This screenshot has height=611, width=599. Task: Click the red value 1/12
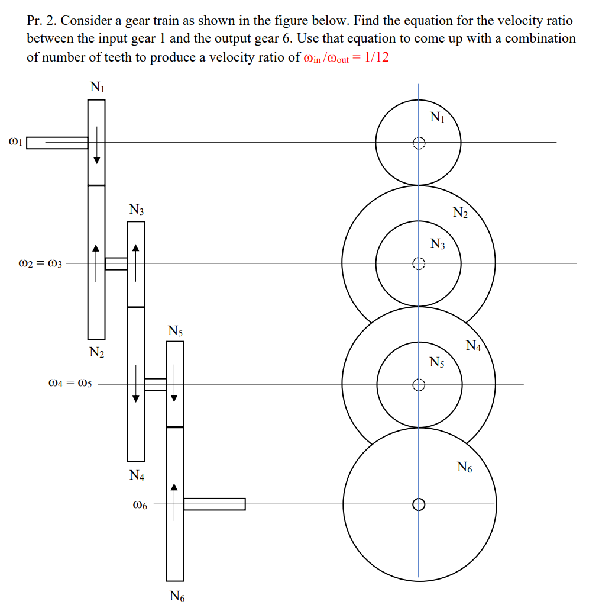coord(377,57)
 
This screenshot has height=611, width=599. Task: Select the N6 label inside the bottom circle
coord(465,468)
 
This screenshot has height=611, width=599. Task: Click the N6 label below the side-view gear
coord(177,596)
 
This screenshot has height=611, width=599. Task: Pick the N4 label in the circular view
coord(474,346)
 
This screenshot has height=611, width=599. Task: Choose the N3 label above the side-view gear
coord(137,210)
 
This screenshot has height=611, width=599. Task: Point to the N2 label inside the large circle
coord(460,213)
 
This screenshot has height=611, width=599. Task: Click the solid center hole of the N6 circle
coord(419,504)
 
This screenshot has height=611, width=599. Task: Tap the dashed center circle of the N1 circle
coord(419,143)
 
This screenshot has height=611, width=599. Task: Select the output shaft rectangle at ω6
coord(214,504)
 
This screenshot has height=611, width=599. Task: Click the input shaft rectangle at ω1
coord(57,143)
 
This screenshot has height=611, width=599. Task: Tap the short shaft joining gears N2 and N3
coord(116,263)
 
